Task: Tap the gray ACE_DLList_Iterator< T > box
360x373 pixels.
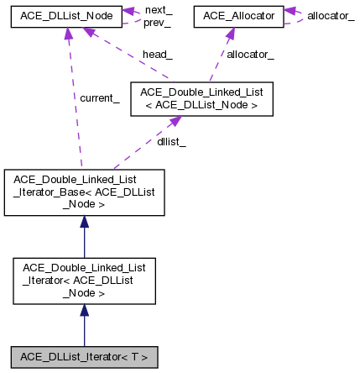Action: pos(83,356)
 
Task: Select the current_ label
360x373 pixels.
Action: pos(99,98)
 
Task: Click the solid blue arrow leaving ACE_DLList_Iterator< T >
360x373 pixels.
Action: pos(83,328)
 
